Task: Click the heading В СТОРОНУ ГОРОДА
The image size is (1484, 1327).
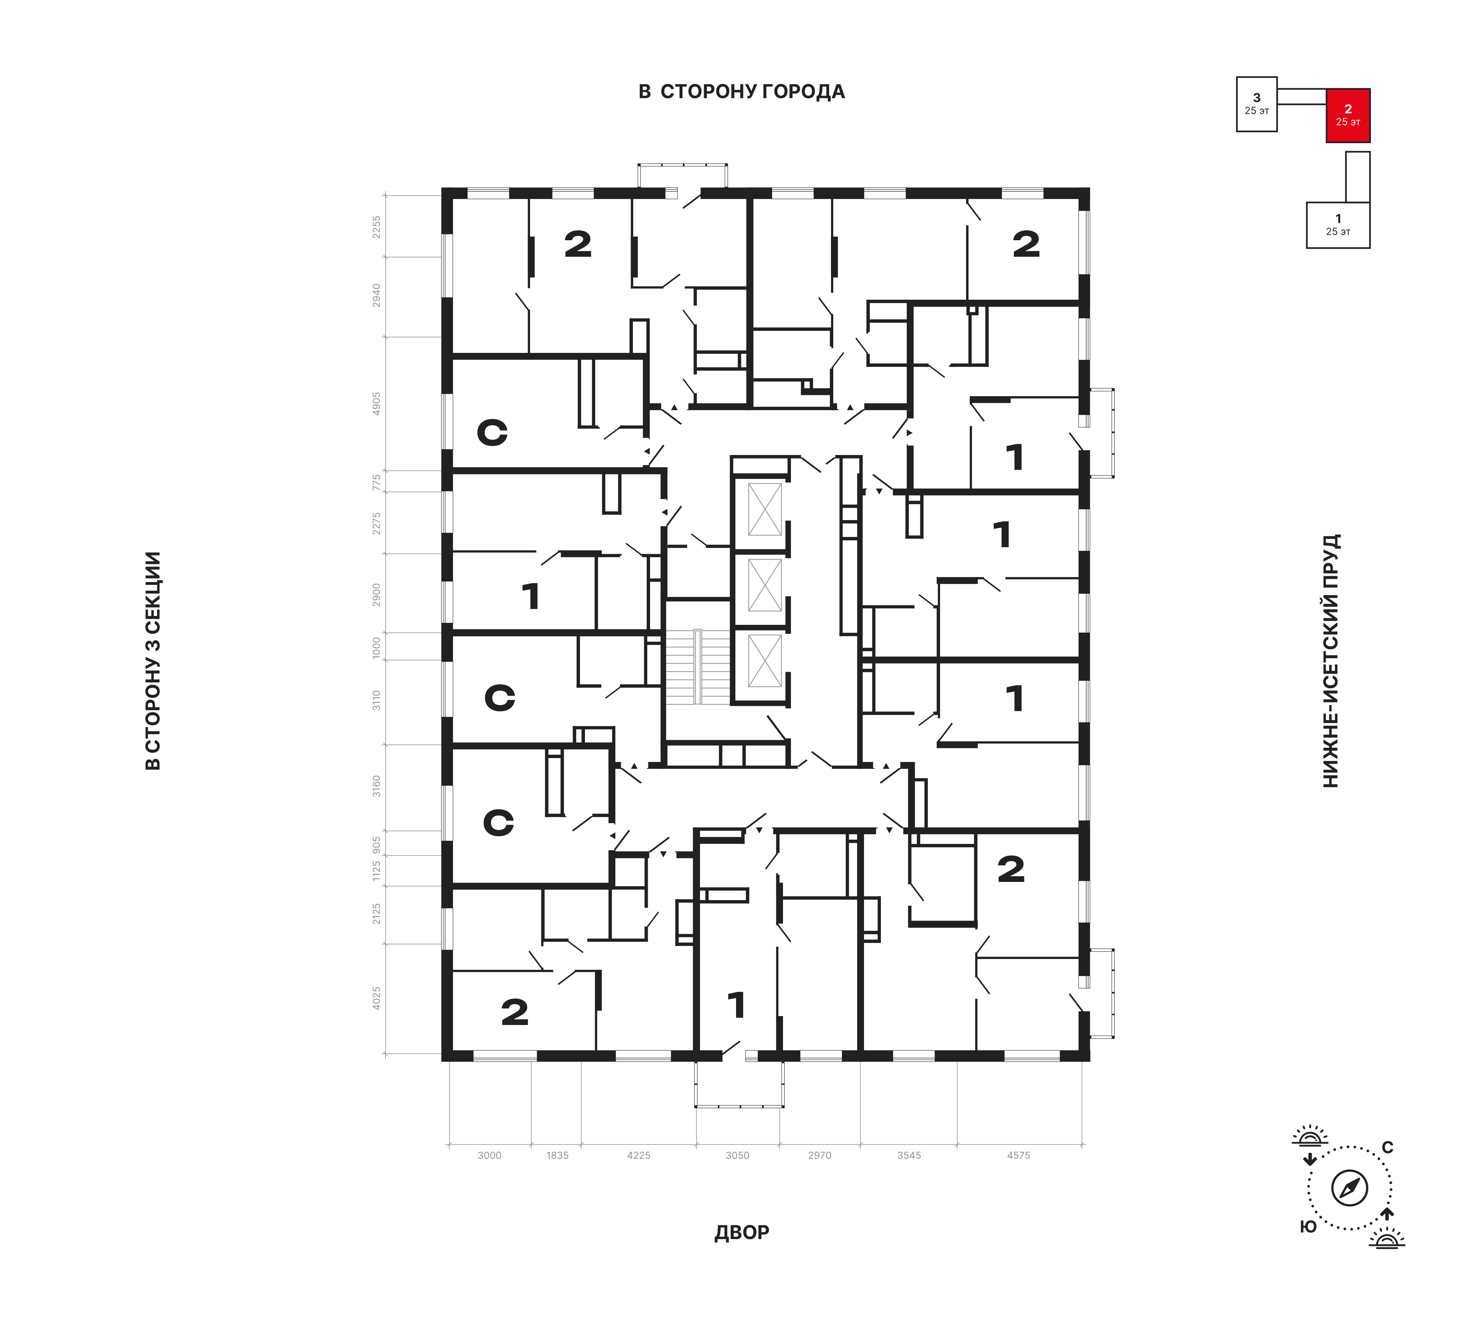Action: coord(741,92)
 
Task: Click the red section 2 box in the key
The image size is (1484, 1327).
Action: coord(1347,115)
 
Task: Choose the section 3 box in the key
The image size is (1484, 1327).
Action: coord(1257,103)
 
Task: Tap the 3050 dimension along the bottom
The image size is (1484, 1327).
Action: coord(737,1155)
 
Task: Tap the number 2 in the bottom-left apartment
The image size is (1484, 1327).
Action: coord(515,1012)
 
